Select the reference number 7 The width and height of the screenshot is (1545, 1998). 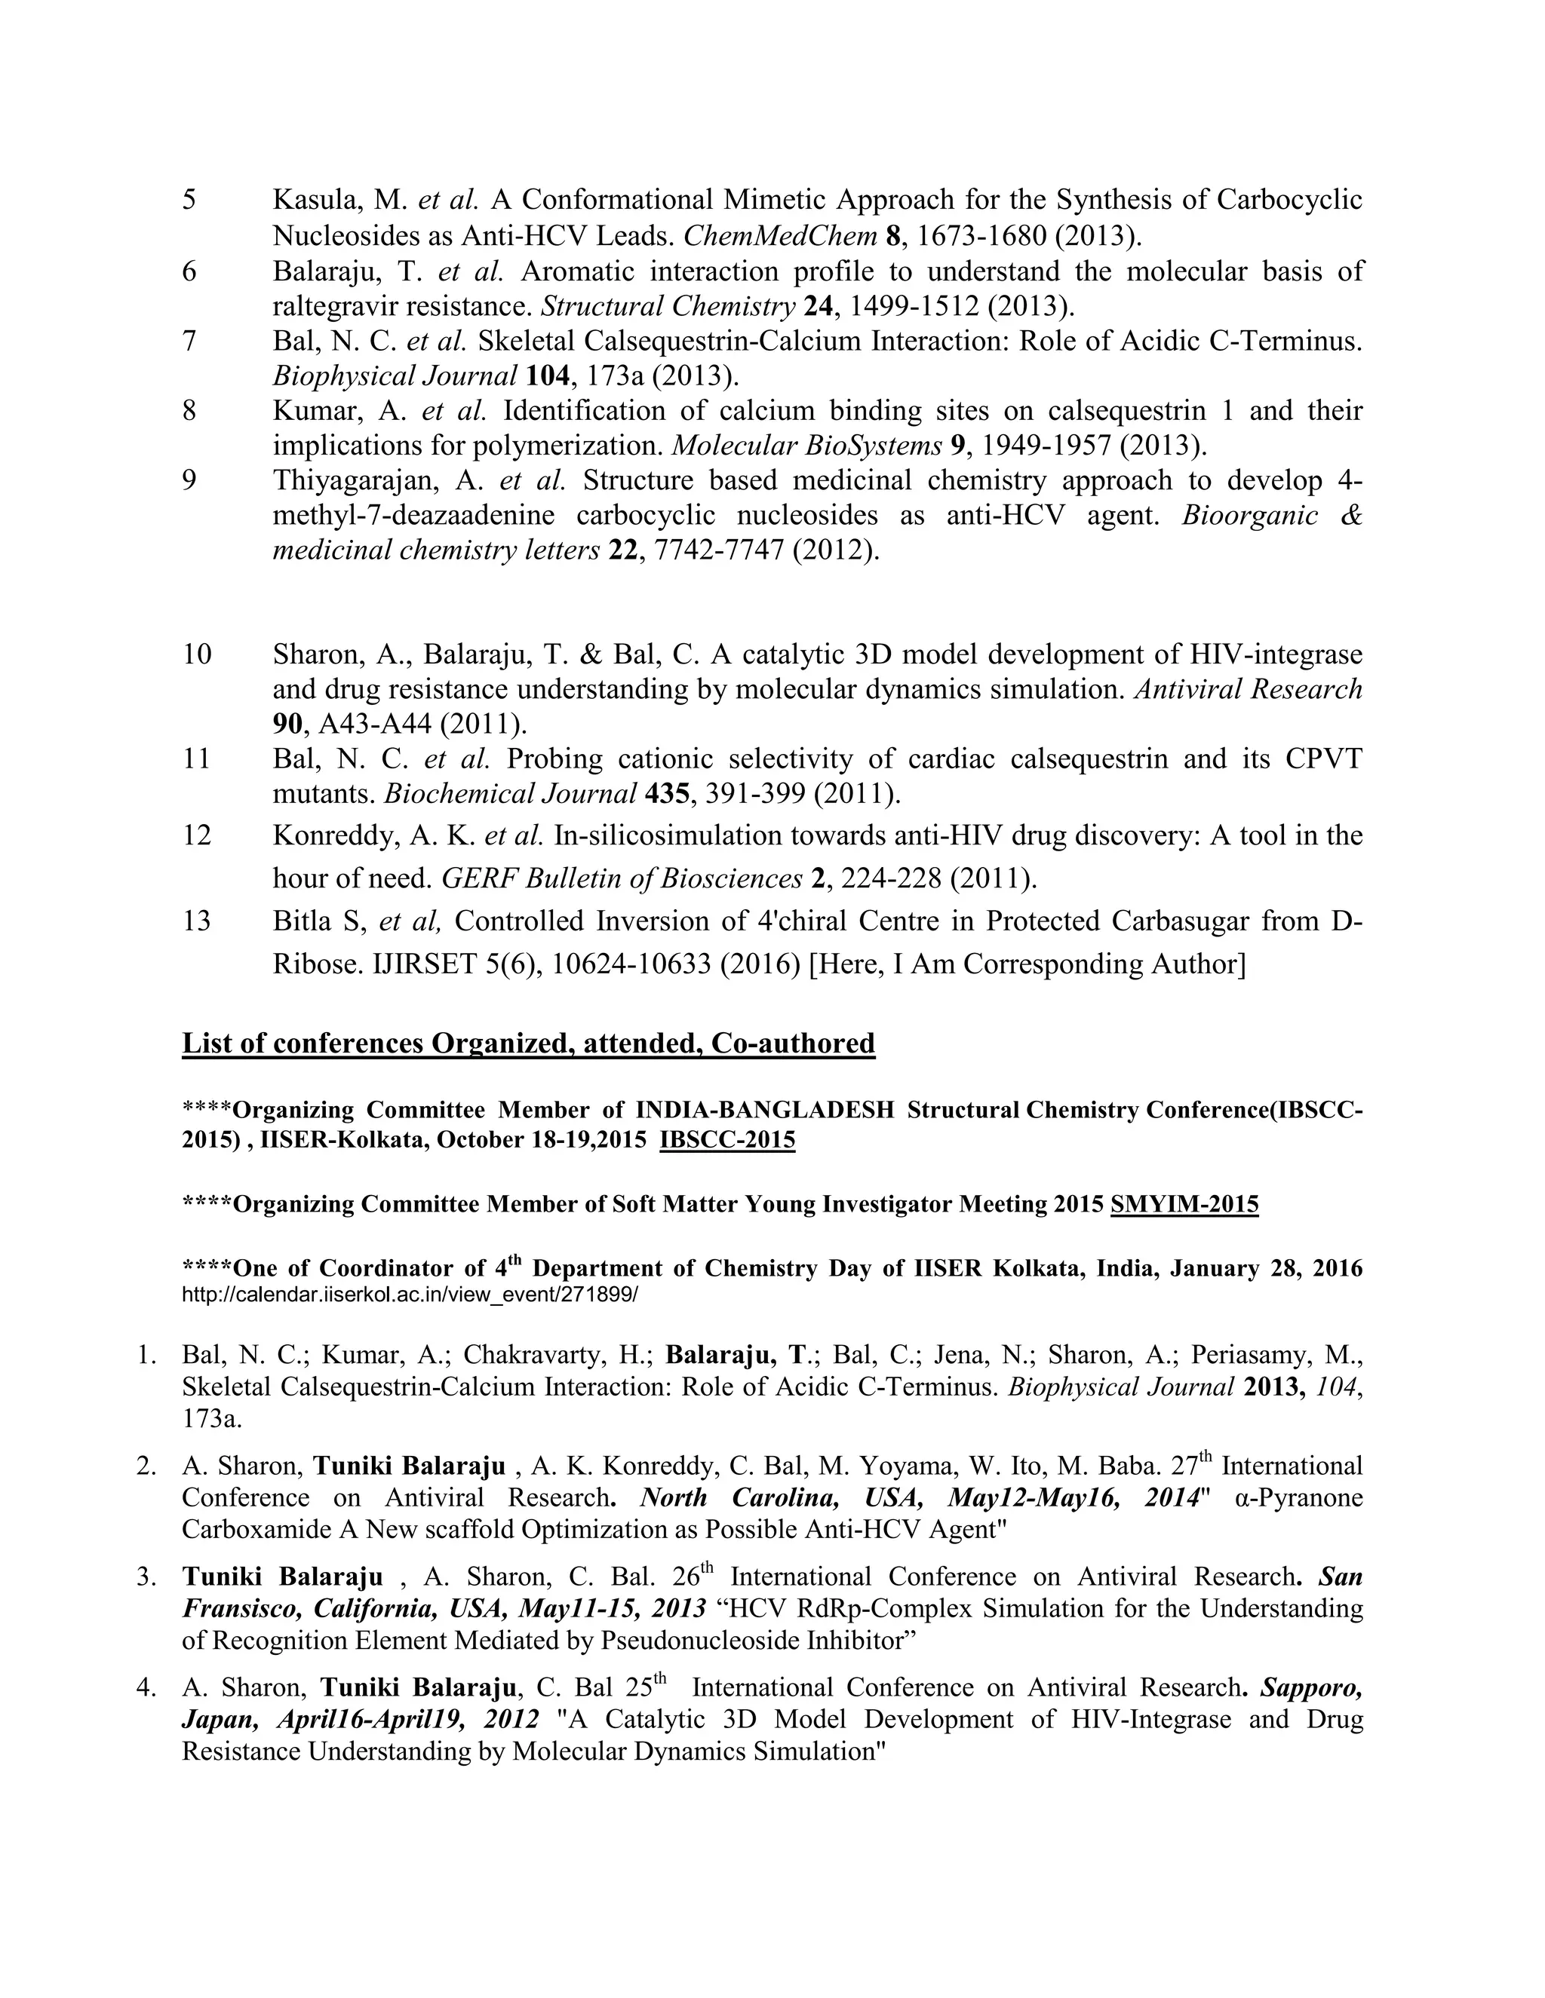[189, 342]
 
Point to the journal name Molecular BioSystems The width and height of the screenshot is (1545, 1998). [806, 446]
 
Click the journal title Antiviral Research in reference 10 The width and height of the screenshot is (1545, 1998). [1249, 689]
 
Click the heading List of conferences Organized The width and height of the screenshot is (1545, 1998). [528, 1043]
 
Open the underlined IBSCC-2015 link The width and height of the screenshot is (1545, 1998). [726, 1140]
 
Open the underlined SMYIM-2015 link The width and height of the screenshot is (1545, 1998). [1184, 1204]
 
